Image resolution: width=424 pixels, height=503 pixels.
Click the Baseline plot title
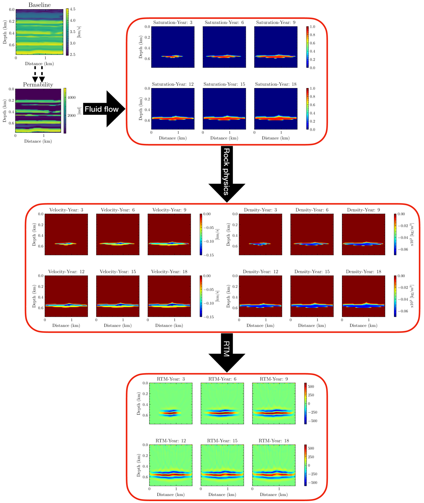point(40,5)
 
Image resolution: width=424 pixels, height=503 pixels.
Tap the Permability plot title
point(38,85)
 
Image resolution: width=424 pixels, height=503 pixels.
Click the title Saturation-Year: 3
point(173,22)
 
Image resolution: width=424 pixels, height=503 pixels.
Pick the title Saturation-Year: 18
point(276,84)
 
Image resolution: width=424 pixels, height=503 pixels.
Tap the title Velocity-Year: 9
point(169,210)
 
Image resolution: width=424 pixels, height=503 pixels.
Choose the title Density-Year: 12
point(260,272)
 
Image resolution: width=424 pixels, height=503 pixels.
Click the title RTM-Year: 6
point(222,379)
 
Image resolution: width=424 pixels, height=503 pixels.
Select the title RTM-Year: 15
point(222,441)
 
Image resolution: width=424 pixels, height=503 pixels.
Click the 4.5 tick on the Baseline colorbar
point(73,9)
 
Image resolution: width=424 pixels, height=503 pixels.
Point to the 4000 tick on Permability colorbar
point(71,98)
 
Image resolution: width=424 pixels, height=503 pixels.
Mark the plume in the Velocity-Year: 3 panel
point(65,244)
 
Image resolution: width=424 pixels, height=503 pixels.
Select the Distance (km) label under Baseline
point(40,63)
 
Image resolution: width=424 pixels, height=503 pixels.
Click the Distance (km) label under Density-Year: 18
point(363,325)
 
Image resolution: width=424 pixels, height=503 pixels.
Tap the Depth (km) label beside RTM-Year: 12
point(139,465)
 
